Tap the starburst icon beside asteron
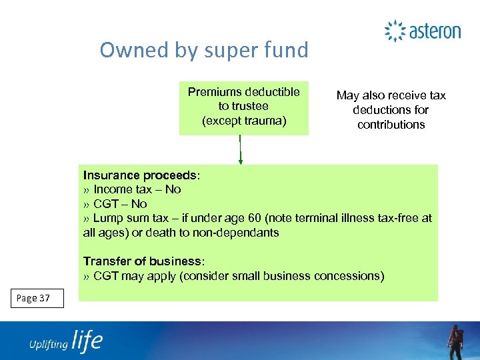coord(395,31)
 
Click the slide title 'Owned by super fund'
coord(204,50)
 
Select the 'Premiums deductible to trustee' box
coord(244,107)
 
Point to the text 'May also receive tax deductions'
coord(391,103)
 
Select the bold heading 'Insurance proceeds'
coord(140,175)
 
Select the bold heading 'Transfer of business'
coord(142,261)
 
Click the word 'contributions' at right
coord(391,125)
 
